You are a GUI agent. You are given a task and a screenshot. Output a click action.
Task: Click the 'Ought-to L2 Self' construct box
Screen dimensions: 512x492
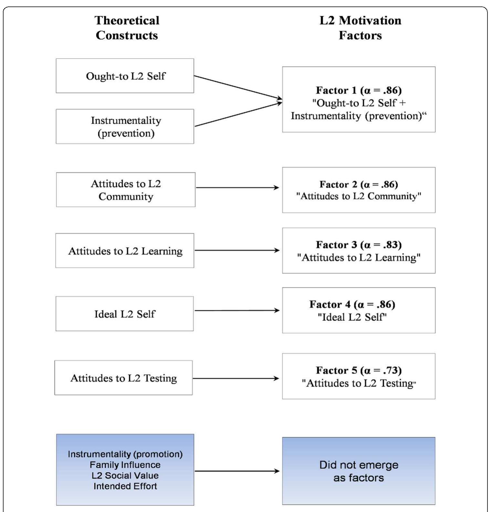(125, 76)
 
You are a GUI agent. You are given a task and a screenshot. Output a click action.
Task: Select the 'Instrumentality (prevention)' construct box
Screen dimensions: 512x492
(125, 126)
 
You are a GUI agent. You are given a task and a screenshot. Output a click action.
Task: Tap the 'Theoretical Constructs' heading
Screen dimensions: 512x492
(127, 28)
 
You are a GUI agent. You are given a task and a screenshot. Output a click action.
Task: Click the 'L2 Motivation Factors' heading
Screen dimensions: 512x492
(360, 28)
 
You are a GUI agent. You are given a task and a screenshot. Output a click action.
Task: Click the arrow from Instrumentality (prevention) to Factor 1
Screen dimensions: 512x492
(238, 114)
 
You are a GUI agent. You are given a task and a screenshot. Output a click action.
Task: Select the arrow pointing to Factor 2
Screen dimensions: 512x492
(237, 187)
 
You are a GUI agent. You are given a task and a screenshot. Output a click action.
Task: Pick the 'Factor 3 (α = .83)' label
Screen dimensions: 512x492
(359, 245)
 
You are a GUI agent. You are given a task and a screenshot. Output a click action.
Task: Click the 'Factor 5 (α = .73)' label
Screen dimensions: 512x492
(359, 370)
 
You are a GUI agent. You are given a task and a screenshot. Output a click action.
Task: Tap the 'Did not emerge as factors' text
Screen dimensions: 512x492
(359, 471)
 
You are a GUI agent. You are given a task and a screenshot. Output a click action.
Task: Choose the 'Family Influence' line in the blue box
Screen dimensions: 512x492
(125, 465)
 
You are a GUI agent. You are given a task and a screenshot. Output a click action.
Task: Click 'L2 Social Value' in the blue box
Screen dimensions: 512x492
(125, 475)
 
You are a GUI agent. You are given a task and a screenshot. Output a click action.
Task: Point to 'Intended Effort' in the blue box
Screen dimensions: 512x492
(125, 486)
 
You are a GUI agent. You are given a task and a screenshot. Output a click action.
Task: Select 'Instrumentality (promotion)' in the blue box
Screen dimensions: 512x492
(125, 454)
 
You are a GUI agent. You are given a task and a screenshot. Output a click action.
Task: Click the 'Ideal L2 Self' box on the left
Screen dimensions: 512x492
(125, 314)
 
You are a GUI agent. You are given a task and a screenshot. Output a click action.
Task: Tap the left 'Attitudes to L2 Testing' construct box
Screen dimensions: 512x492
(124, 378)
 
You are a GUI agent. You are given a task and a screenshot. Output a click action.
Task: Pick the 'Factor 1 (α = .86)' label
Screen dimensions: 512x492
(359, 90)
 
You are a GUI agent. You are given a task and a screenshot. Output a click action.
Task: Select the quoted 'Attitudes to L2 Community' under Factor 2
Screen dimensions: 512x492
(359, 196)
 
